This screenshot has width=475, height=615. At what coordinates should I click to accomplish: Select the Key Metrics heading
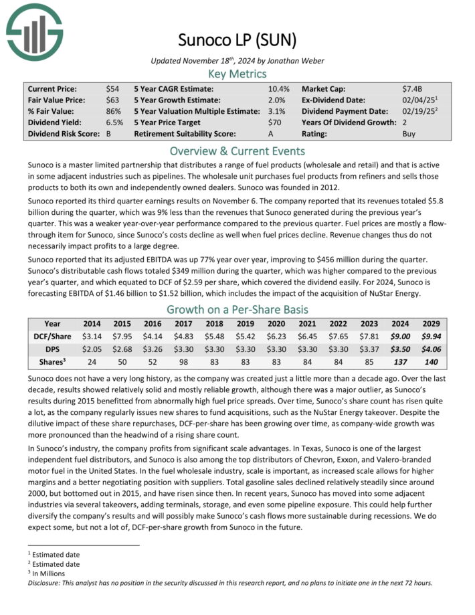click(x=237, y=74)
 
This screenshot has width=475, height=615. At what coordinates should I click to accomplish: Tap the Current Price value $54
click(x=112, y=89)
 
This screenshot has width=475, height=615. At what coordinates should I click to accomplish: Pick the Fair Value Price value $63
click(x=112, y=100)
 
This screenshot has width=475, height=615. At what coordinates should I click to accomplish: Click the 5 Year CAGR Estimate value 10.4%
click(x=279, y=89)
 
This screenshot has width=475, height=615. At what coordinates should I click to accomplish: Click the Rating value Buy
click(x=409, y=134)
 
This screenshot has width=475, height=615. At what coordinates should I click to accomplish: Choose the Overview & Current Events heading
click(x=237, y=151)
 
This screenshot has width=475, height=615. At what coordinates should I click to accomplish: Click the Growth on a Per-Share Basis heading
click(x=237, y=310)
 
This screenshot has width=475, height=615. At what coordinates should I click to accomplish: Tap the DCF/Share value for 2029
click(x=432, y=336)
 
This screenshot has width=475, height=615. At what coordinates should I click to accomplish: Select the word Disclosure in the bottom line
click(x=47, y=583)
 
